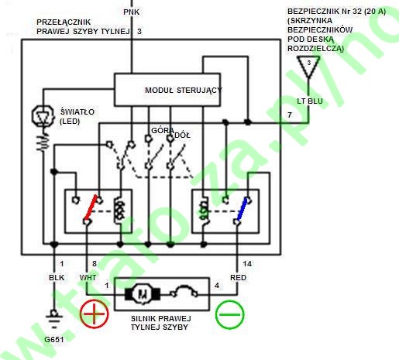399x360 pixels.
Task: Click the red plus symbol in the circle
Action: pos(95,314)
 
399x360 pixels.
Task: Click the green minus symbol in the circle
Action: pos(229,314)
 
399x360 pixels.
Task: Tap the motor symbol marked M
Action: pos(143,294)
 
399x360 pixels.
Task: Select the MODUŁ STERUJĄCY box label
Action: pos(184,91)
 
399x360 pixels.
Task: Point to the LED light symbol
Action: pos(43,116)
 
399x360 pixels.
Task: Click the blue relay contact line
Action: pos(242,209)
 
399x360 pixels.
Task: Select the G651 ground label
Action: pos(54,339)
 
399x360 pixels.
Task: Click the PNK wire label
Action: pos(132,12)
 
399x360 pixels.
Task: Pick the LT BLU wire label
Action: pos(310,101)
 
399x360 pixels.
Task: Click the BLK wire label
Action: pos(57,278)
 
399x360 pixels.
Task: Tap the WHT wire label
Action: pos(88,278)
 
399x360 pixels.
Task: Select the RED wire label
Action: pos(238,278)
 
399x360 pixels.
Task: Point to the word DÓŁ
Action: pos(183,135)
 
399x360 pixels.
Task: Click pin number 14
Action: pos(247,264)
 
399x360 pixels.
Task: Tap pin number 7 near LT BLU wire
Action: pos(290,115)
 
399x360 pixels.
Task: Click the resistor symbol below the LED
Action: pos(43,142)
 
